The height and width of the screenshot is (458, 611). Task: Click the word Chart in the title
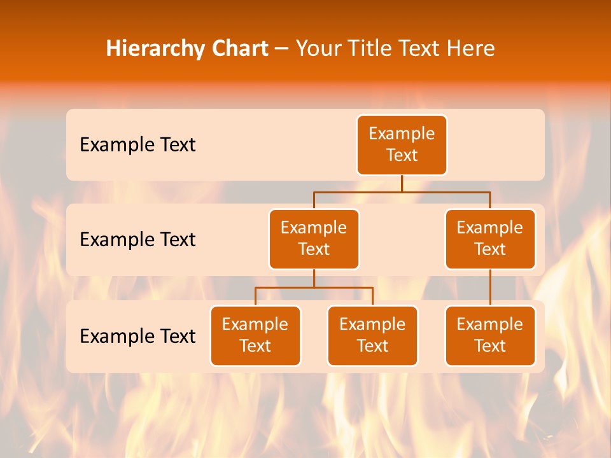click(239, 48)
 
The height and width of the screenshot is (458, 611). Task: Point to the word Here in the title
click(470, 48)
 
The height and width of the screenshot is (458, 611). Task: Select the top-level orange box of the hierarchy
click(402, 144)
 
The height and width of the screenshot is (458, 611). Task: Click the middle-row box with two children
click(314, 239)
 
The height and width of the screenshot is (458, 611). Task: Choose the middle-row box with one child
click(490, 239)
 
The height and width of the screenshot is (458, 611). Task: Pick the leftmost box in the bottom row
click(255, 335)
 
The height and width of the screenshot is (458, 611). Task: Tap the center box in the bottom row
click(372, 335)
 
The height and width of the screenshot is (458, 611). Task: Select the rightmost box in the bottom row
click(490, 335)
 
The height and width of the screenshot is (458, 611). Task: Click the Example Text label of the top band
click(137, 145)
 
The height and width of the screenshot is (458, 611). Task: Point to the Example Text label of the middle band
click(137, 240)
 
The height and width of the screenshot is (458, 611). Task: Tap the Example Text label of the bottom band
click(137, 336)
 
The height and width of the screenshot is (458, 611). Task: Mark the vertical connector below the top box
click(402, 183)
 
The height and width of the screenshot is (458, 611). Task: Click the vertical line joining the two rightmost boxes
click(490, 287)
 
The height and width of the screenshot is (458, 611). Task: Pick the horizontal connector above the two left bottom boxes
click(314, 288)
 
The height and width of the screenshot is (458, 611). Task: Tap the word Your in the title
click(318, 48)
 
